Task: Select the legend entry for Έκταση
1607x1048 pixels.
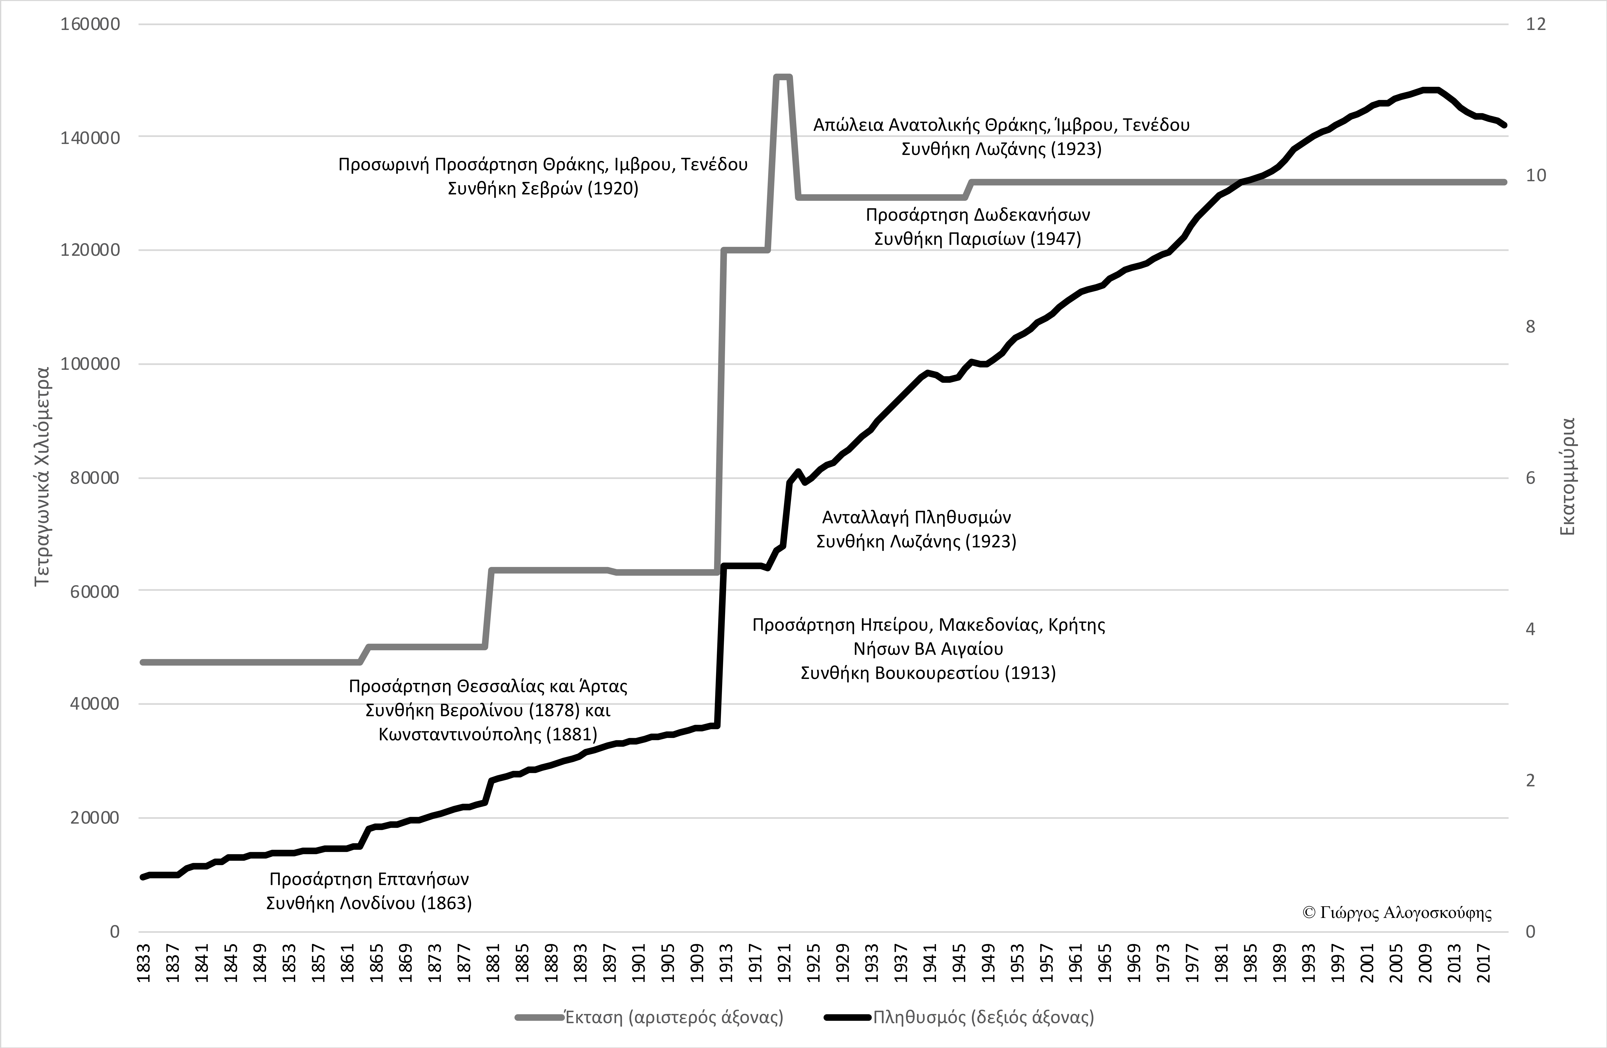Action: [673, 1017]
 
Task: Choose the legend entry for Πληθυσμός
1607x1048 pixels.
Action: [983, 1017]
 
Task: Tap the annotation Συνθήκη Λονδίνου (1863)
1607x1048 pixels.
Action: [369, 904]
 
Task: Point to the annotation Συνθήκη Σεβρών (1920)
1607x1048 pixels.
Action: [543, 188]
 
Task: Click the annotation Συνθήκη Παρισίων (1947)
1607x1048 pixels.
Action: [977, 239]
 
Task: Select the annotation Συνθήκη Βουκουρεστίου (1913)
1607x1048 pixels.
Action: [928, 673]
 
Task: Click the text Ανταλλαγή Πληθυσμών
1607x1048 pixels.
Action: [916, 518]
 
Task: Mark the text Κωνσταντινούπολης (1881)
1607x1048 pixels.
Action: [488, 735]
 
